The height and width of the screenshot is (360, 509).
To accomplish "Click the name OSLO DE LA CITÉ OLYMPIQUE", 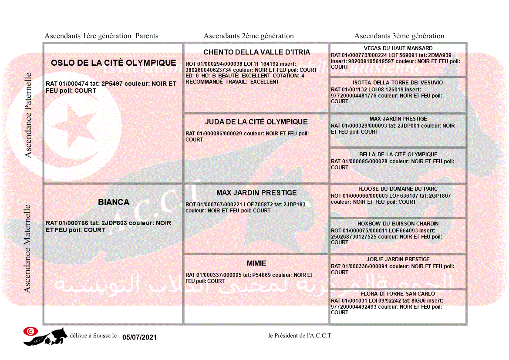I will click(113, 63).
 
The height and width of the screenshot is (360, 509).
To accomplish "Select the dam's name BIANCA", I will click(114, 202).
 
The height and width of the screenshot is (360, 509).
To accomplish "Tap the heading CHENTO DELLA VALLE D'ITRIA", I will click(256, 52).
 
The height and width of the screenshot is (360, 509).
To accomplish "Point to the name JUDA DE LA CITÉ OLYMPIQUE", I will click(256, 122).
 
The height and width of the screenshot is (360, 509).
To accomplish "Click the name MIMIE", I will click(256, 263).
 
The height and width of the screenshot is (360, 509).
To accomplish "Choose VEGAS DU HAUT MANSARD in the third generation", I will click(398, 48).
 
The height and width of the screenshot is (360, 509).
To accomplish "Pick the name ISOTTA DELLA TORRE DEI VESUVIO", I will click(398, 83).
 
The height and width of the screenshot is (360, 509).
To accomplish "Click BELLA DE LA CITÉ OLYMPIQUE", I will click(398, 155).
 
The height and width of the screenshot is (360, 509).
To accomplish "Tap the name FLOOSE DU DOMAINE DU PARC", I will click(398, 189).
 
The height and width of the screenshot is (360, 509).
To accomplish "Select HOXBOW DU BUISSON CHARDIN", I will click(398, 224).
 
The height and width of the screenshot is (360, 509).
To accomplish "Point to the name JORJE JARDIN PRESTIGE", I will click(398, 259).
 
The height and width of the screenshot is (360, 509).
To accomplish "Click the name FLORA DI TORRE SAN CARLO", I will click(398, 294).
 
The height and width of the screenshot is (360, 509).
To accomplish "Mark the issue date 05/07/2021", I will click(139, 337).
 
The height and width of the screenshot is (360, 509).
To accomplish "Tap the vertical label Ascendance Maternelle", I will click(27, 249).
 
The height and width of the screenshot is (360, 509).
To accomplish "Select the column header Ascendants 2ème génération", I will click(249, 36).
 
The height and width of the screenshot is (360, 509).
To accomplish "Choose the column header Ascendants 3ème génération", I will click(399, 36).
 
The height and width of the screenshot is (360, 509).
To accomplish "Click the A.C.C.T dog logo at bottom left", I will click(46, 336).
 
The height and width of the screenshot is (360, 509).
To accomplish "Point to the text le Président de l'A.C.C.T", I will click(300, 336).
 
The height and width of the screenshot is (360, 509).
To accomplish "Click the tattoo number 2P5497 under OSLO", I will click(112, 84).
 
